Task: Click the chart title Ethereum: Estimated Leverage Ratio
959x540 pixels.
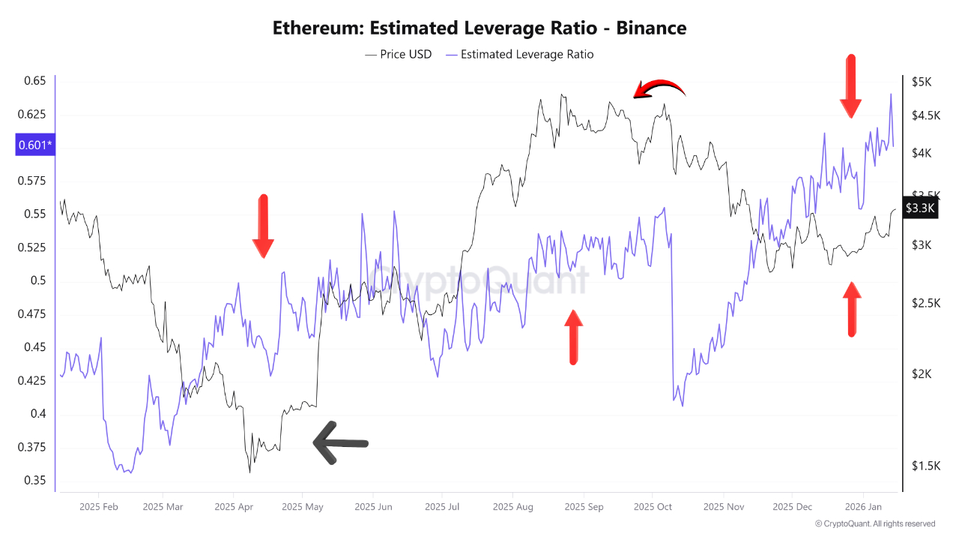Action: (479, 28)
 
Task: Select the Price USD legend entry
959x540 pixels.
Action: (399, 54)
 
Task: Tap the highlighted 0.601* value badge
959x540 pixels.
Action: (34, 145)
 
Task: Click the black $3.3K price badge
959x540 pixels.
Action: (919, 208)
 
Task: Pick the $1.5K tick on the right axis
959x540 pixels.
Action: (925, 466)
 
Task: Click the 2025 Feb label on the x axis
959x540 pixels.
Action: (100, 507)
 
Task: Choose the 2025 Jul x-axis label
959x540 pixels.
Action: (442, 507)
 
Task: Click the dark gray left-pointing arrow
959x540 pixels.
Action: (340, 442)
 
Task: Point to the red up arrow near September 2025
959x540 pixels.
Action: (573, 337)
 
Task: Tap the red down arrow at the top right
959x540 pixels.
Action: (850, 86)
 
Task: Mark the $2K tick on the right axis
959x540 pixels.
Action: (921, 374)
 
